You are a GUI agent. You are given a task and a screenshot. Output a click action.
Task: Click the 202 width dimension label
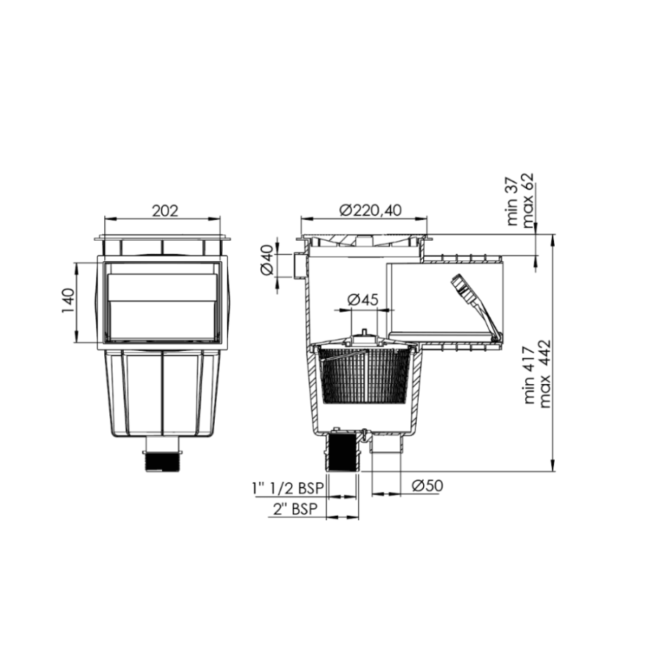(x=165, y=210)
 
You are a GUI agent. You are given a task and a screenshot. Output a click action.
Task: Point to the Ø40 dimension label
(x=266, y=260)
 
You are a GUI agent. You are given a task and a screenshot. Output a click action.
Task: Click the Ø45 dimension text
(x=363, y=299)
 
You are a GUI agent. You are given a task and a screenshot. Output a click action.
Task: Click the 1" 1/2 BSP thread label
(x=287, y=488)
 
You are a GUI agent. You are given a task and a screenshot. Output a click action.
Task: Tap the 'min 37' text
(x=514, y=205)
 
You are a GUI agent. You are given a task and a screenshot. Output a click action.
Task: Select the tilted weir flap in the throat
(x=474, y=304)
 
